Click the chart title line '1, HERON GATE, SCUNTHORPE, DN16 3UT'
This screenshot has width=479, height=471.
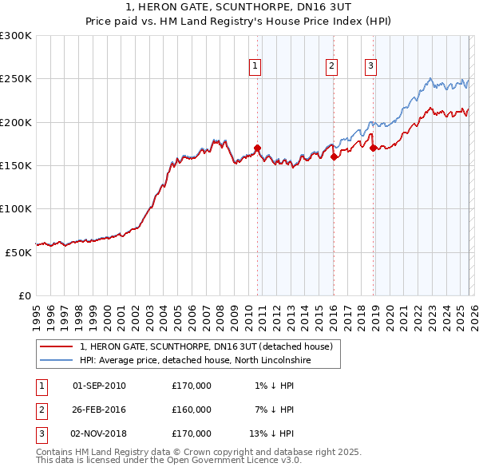click(239, 7)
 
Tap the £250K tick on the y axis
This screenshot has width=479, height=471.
click(16, 79)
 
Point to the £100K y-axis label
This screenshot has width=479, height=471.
click(16, 208)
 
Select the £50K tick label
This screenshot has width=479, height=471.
click(18, 251)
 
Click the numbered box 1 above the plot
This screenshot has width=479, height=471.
click(255, 67)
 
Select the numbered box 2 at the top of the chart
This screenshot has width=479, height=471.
click(331, 67)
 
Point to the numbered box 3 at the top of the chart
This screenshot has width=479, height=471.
click(371, 67)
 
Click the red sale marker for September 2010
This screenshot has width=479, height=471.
click(257, 148)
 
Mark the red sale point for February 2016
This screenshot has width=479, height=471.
click(334, 157)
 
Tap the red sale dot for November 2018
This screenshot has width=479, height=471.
click(373, 148)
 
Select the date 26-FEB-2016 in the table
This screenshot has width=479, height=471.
click(99, 410)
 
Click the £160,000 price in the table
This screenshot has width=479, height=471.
click(192, 410)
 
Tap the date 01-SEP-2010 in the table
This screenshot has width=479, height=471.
click(99, 386)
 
